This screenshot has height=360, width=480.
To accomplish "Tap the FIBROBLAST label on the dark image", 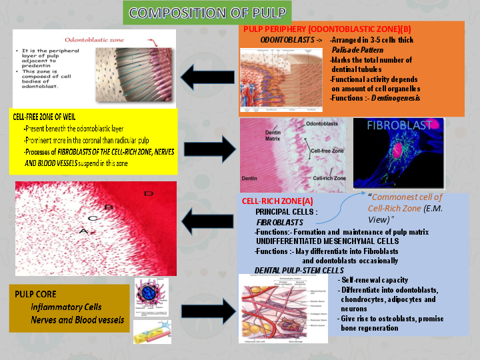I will coord(398,125).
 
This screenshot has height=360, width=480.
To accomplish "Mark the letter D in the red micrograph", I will coord(147,193).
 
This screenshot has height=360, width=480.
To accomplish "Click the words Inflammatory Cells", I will coord(66,307).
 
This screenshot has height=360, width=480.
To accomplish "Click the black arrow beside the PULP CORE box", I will coord(203,311).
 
